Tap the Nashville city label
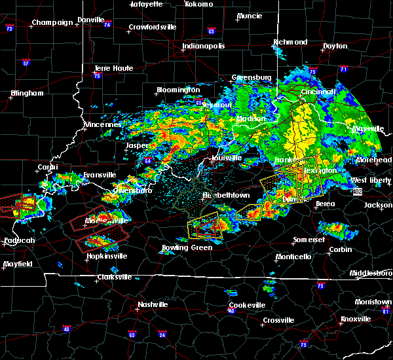(151, 304)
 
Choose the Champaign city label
(53, 22)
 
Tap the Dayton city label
(335, 46)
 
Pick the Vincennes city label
(103, 124)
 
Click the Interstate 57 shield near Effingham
(26, 63)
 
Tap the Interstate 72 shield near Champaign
(9, 29)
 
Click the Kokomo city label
(199, 4)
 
